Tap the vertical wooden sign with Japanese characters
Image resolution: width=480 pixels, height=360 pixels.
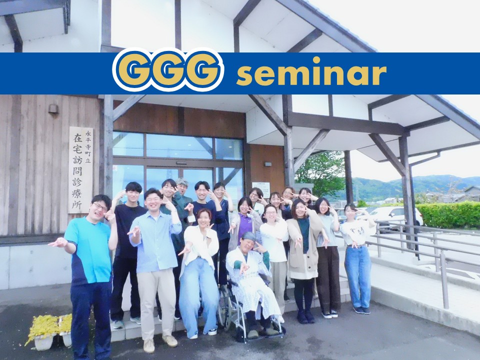pos(80,169)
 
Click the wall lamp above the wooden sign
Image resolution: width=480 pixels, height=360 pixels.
pos(53,109)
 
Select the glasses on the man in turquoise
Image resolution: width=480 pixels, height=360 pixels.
pos(100,207)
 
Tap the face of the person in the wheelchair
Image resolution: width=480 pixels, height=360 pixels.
pos(248,244)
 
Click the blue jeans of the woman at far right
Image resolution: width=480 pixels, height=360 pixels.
pos(357,276)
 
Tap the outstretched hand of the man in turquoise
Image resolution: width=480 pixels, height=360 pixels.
pos(57,243)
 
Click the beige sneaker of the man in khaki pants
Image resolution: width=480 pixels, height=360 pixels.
pos(169,340)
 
